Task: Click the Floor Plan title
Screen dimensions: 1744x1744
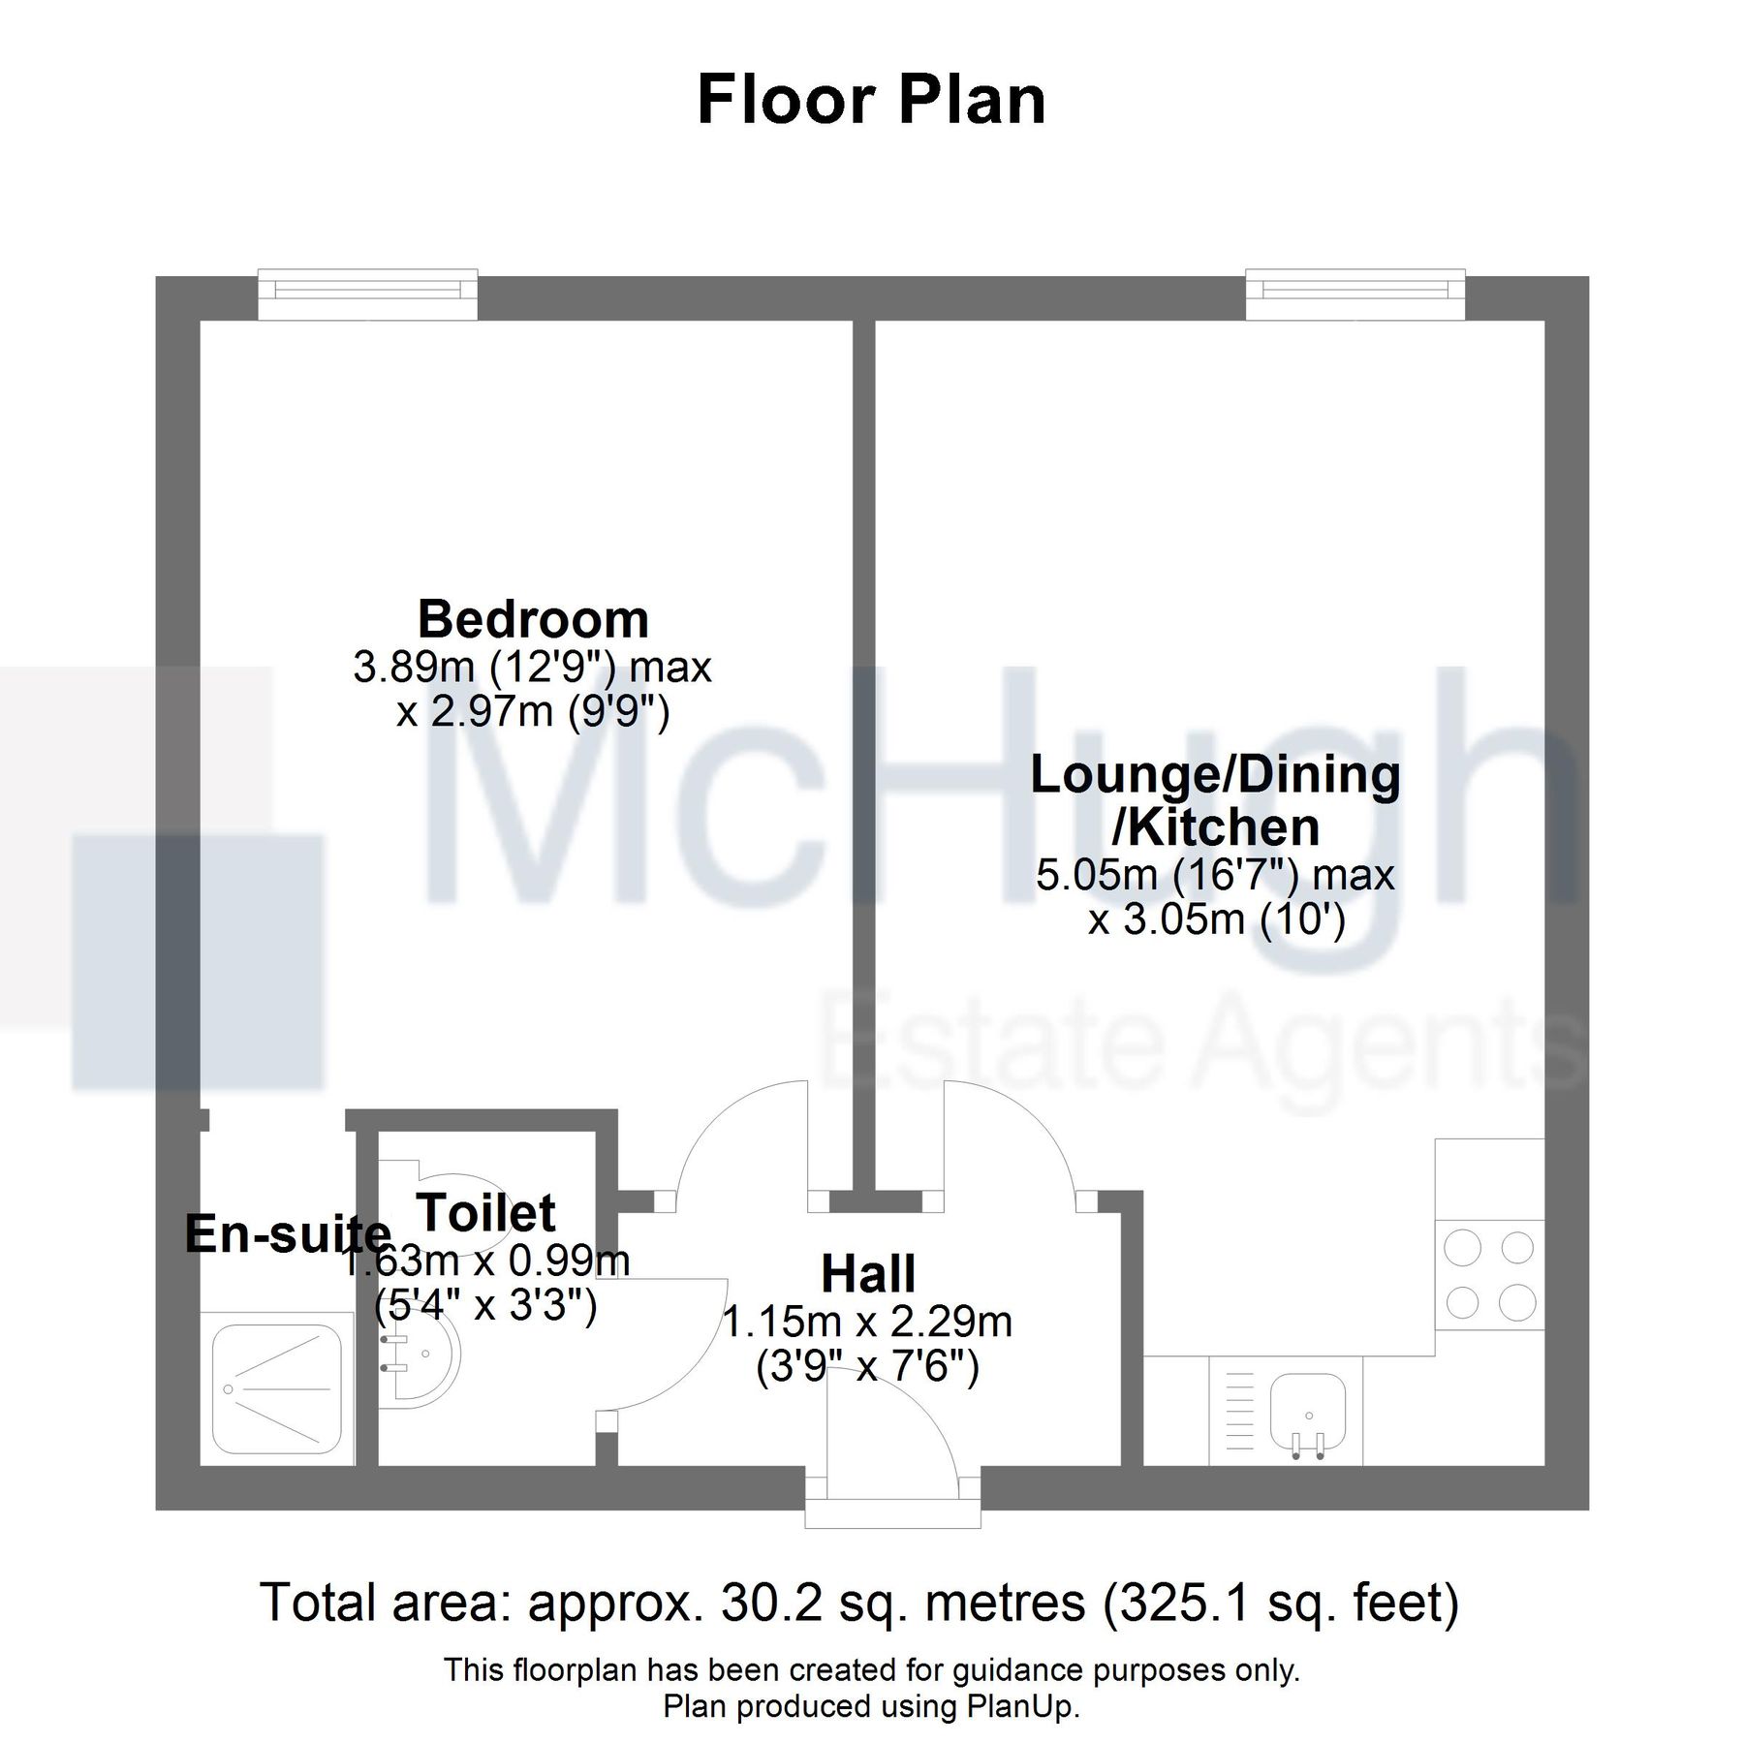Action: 871,100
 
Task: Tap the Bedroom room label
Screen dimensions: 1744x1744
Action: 533,619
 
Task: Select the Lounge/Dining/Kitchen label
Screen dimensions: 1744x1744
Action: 1215,800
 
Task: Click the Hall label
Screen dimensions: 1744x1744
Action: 868,1274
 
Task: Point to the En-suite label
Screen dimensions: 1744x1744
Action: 287,1233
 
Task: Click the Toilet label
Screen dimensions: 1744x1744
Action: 486,1212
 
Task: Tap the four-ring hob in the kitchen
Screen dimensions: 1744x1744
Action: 1489,1274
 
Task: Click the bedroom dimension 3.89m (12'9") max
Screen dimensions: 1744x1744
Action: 532,668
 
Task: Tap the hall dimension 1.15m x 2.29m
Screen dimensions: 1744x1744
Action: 868,1323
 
